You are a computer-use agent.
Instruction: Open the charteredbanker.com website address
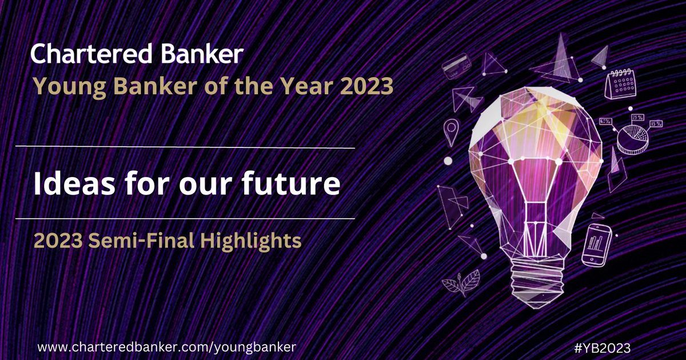167,347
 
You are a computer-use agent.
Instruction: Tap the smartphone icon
597,244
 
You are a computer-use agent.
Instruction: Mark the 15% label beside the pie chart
656,123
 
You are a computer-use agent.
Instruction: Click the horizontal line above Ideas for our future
186,148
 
